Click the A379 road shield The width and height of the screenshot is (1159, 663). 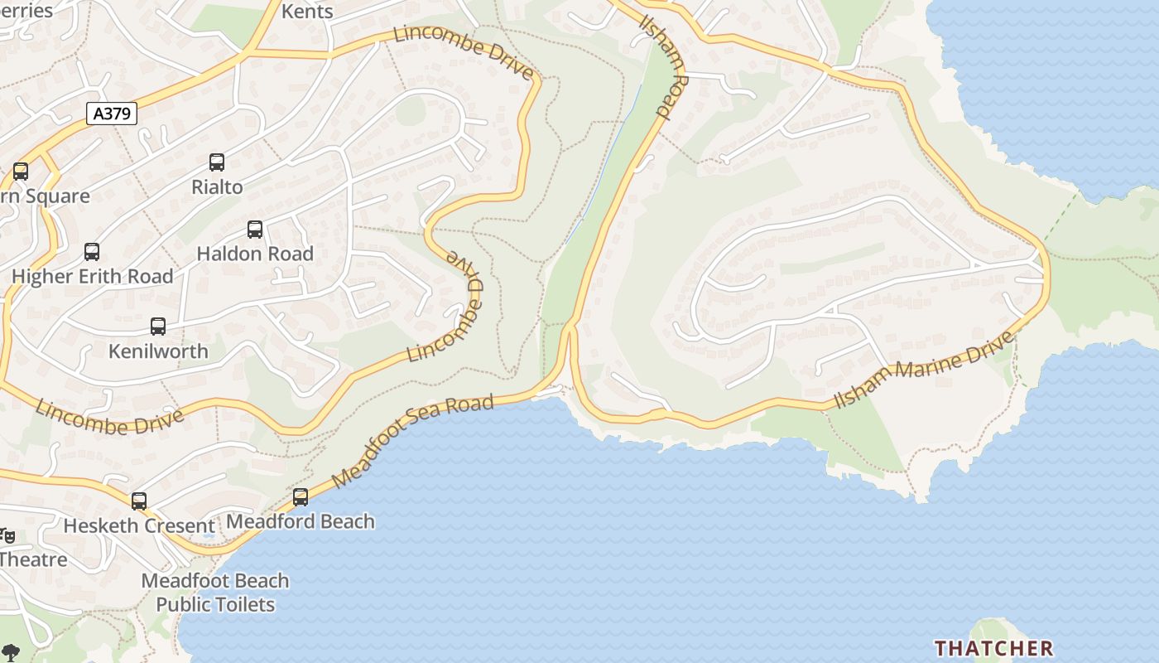pyautogui.click(x=112, y=114)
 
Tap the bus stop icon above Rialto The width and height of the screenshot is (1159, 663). pyautogui.click(x=217, y=162)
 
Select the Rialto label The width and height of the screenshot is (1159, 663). pyautogui.click(x=217, y=187)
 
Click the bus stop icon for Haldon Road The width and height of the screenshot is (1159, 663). pyautogui.click(x=255, y=230)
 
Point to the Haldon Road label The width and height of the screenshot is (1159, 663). pyautogui.click(x=255, y=254)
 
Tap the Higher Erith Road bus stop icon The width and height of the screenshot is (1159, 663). pyautogui.click(x=92, y=252)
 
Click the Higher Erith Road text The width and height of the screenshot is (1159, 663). pyautogui.click(x=93, y=276)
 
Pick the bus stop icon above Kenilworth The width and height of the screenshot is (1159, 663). pyautogui.click(x=158, y=327)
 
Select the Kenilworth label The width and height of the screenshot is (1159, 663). pyautogui.click(x=158, y=351)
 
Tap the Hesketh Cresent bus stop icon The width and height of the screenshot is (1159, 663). pyautogui.click(x=139, y=501)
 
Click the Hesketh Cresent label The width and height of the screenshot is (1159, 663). pyautogui.click(x=139, y=525)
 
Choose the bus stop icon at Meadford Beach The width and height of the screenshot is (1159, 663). pyautogui.click(x=301, y=496)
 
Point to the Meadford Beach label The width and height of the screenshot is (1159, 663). pyautogui.click(x=301, y=521)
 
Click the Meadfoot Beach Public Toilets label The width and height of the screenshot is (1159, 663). pyautogui.click(x=215, y=593)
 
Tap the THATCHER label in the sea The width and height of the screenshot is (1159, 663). pyautogui.click(x=993, y=647)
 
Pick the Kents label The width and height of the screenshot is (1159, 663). pyautogui.click(x=307, y=12)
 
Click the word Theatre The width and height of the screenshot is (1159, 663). pyautogui.click(x=33, y=559)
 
